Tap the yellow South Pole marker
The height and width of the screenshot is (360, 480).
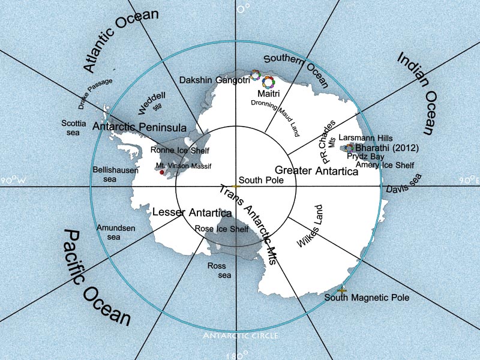point(237,187)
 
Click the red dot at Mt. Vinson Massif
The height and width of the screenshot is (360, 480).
point(161,172)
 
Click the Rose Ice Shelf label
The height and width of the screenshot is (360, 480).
point(221,229)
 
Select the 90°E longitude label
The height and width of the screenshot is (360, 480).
point(469,180)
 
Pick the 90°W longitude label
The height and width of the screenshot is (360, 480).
point(11,180)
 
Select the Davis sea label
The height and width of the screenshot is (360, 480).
point(404,183)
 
